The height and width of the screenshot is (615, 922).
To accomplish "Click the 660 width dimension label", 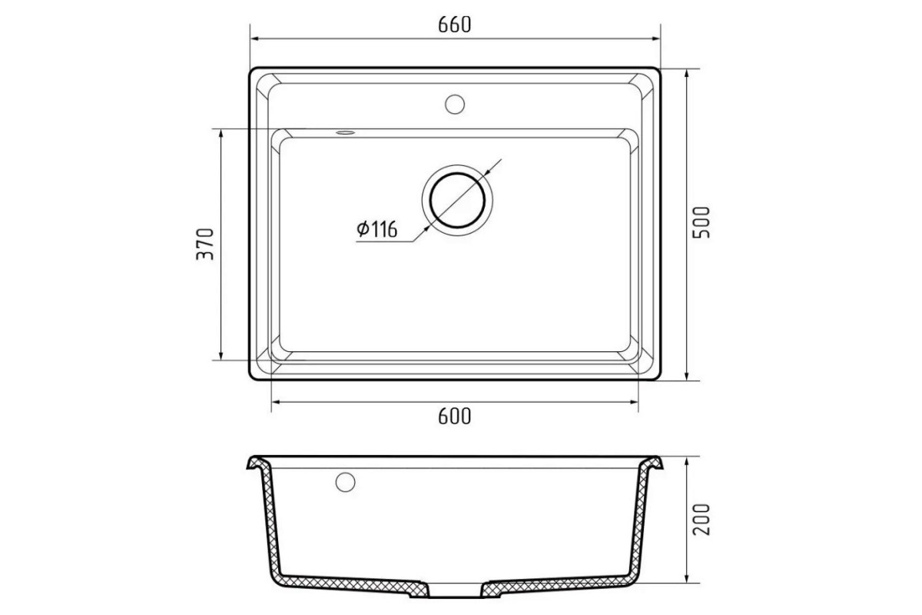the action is pyautogui.click(x=454, y=25).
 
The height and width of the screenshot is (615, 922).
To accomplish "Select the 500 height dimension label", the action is pyautogui.click(x=701, y=222).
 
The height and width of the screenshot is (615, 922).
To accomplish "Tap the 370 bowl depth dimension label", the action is pyautogui.click(x=205, y=244).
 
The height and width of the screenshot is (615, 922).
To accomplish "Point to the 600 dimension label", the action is pyautogui.click(x=454, y=417).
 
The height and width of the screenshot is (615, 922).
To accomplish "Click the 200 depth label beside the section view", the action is pyautogui.click(x=701, y=520).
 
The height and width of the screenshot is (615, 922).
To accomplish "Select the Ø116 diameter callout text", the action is pyautogui.click(x=377, y=229).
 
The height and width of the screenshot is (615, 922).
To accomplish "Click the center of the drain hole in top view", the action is pyautogui.click(x=457, y=201).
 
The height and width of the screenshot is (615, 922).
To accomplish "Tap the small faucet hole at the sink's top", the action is pyautogui.click(x=455, y=105).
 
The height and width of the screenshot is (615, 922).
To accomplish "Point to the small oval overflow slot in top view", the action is pyautogui.click(x=345, y=133).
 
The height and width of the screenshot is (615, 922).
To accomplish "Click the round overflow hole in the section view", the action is pyautogui.click(x=345, y=482).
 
